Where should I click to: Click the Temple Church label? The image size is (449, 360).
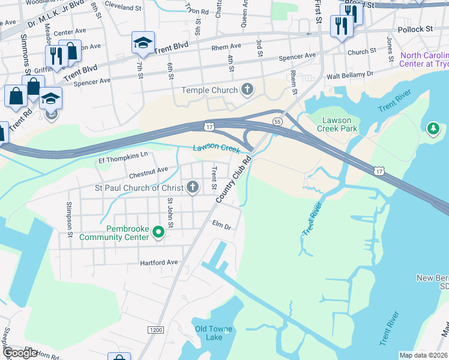click(x=209, y=91)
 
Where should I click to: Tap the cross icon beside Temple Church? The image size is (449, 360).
click(x=246, y=90)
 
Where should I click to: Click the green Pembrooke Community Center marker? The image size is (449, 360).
click(x=158, y=232)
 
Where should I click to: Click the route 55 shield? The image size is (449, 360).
click(x=277, y=121)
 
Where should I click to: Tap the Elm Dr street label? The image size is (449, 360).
click(x=221, y=227)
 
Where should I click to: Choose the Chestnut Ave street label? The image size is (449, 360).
click(x=148, y=170)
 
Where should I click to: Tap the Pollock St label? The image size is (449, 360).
click(x=415, y=29)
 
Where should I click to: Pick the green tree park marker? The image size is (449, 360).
click(x=433, y=128)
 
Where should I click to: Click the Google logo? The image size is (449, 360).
click(x=19, y=353)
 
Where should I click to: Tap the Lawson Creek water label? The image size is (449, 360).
click(x=216, y=148)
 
